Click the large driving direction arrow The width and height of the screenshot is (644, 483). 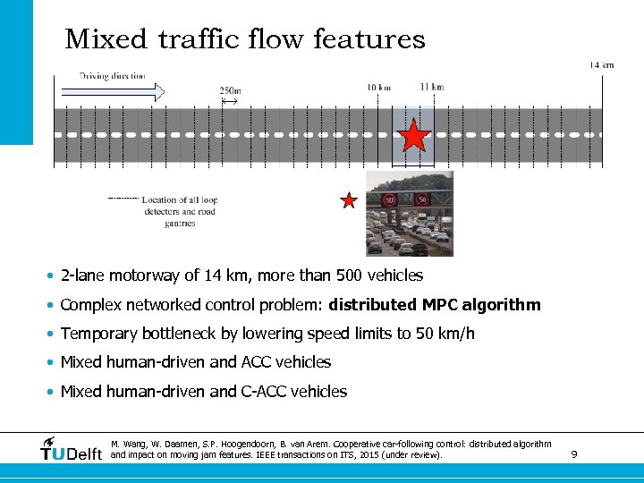tap(113, 91)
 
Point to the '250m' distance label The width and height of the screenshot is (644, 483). tap(230, 90)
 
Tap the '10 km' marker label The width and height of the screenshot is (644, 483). tap(379, 87)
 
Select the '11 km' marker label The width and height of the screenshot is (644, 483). tap(431, 87)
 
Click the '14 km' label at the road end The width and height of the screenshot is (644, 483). tap(601, 64)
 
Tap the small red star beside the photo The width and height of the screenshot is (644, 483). tap(349, 200)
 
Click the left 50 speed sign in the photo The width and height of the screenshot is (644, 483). tap(390, 200)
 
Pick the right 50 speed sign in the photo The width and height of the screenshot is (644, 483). tap(421, 199)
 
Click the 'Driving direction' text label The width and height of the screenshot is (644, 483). tap(113, 76)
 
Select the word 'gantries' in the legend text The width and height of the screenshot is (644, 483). tap(180, 223)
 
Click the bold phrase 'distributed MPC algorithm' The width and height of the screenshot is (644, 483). tap(435, 305)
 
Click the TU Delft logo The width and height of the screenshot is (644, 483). tap(72, 450)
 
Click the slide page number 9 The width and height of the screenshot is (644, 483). tap(573, 454)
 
